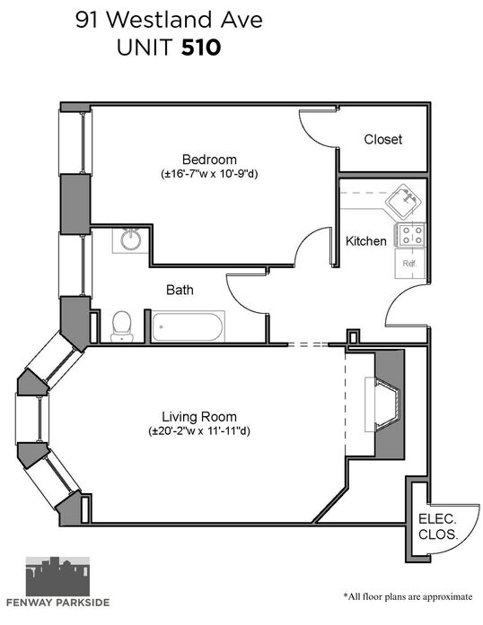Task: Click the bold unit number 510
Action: [201, 48]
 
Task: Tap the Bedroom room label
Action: [209, 160]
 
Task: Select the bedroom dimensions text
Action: [209, 174]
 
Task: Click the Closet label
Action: [382, 139]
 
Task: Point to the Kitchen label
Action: [365, 240]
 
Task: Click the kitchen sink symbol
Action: [403, 202]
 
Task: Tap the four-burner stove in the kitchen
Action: [410, 235]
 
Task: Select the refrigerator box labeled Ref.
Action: [410, 264]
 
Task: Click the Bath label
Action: [180, 290]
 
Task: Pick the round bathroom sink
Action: [131, 239]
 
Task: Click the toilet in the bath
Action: [122, 326]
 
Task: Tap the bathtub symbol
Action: [188, 326]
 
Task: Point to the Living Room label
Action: [199, 417]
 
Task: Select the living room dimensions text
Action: [199, 431]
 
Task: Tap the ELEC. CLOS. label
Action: [437, 526]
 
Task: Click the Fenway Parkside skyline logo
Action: [57, 576]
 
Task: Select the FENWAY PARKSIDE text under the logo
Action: [57, 603]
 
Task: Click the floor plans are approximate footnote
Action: [408, 596]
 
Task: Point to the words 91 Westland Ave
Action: [170, 20]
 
